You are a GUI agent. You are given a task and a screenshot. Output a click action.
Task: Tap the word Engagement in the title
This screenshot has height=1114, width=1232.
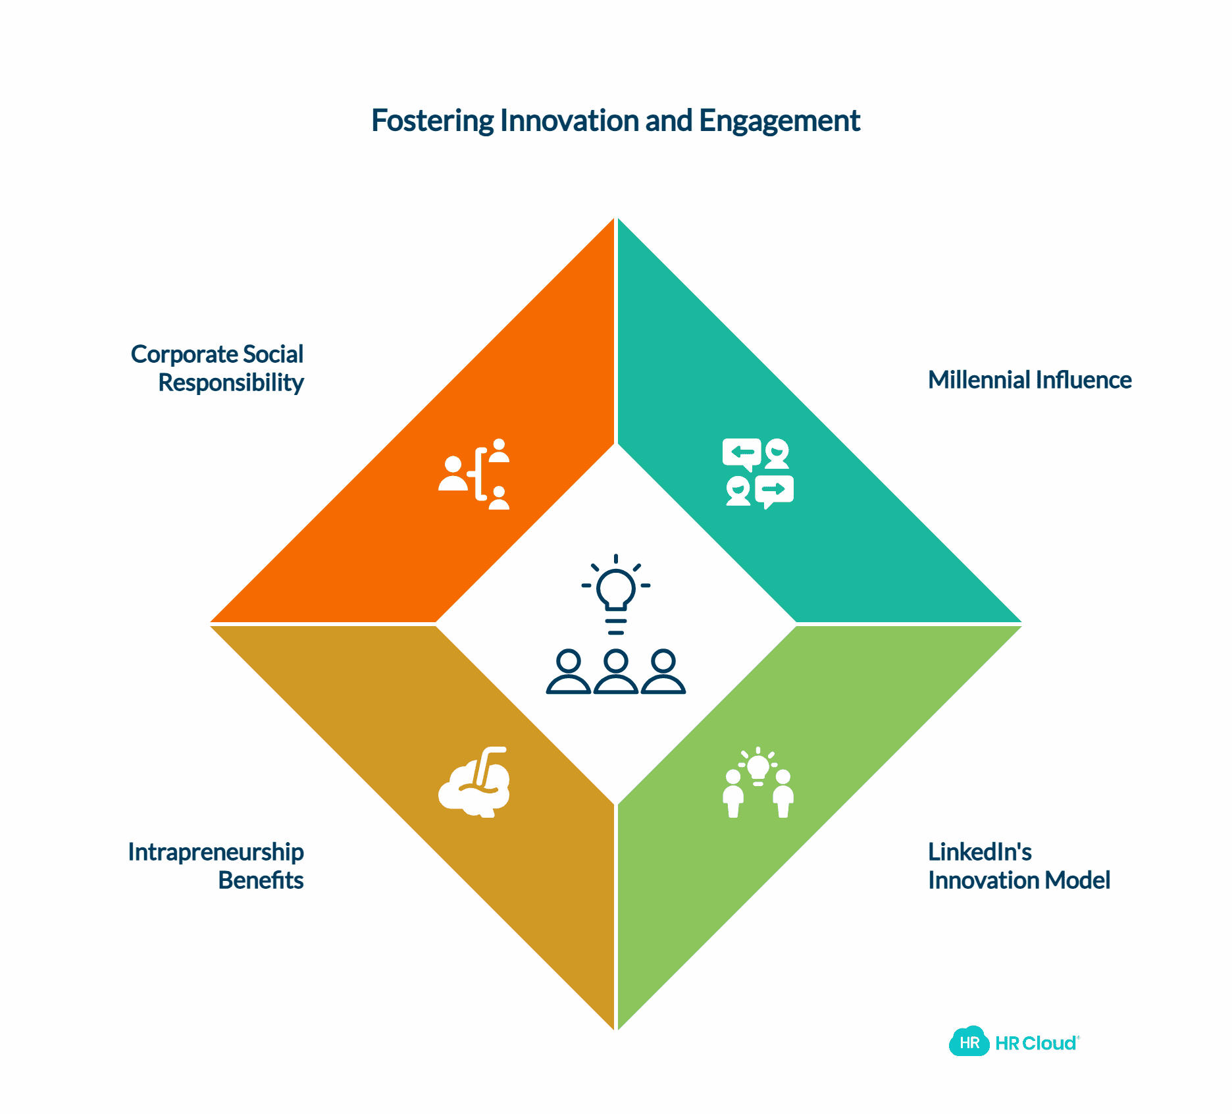point(779,120)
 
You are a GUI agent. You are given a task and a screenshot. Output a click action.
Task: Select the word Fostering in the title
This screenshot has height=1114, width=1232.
point(432,120)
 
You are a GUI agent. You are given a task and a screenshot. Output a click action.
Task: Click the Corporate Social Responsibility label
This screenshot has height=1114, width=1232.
point(217,368)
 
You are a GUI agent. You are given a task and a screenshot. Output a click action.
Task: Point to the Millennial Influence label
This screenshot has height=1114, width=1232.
point(1029,380)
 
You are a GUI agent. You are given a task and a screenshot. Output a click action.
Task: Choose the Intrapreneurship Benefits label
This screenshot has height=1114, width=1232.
point(216,866)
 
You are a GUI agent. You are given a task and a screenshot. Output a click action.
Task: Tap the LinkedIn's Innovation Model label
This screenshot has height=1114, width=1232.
point(1019,866)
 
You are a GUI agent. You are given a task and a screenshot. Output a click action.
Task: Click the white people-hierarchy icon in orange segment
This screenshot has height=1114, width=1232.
point(474,474)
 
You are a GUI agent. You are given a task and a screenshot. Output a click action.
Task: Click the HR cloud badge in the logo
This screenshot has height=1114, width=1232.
point(969,1042)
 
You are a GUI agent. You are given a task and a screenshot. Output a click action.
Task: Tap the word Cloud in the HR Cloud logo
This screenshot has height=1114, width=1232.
point(1050,1043)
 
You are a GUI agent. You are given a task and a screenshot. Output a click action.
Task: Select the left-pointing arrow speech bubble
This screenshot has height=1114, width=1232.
point(742,453)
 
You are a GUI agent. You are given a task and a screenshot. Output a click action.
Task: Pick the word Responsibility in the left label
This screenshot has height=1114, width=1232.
point(231,383)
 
